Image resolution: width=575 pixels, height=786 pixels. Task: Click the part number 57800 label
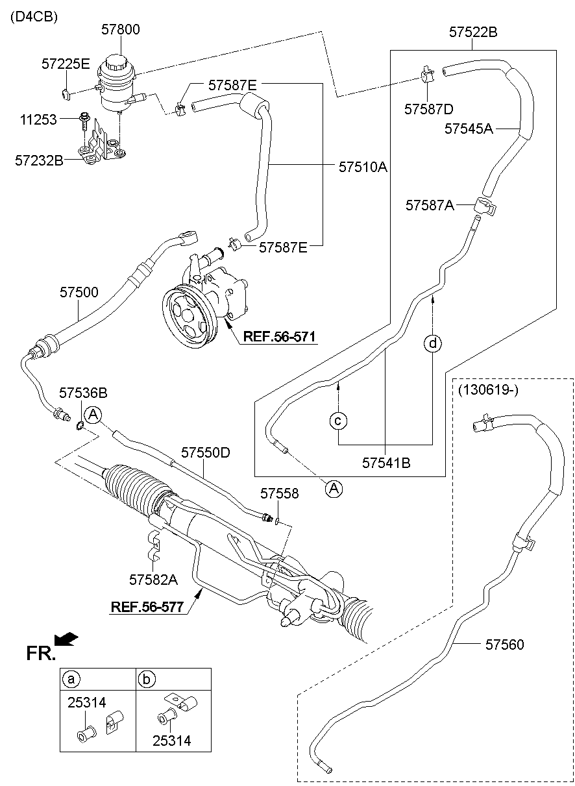(121, 29)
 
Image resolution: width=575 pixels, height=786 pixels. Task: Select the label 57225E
(66, 64)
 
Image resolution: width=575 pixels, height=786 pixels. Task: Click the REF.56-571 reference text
(279, 337)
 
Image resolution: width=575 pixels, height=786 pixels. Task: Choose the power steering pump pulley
(189, 317)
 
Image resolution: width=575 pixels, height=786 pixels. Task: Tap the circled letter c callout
(338, 421)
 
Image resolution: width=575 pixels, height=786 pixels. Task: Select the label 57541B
(386, 463)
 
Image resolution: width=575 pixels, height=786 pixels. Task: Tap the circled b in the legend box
(147, 680)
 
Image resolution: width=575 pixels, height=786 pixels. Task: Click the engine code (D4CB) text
(34, 18)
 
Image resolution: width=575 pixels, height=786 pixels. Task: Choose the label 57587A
(430, 205)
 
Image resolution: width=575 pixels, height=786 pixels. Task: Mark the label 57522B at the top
(474, 32)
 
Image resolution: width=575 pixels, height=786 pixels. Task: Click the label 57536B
(83, 393)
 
